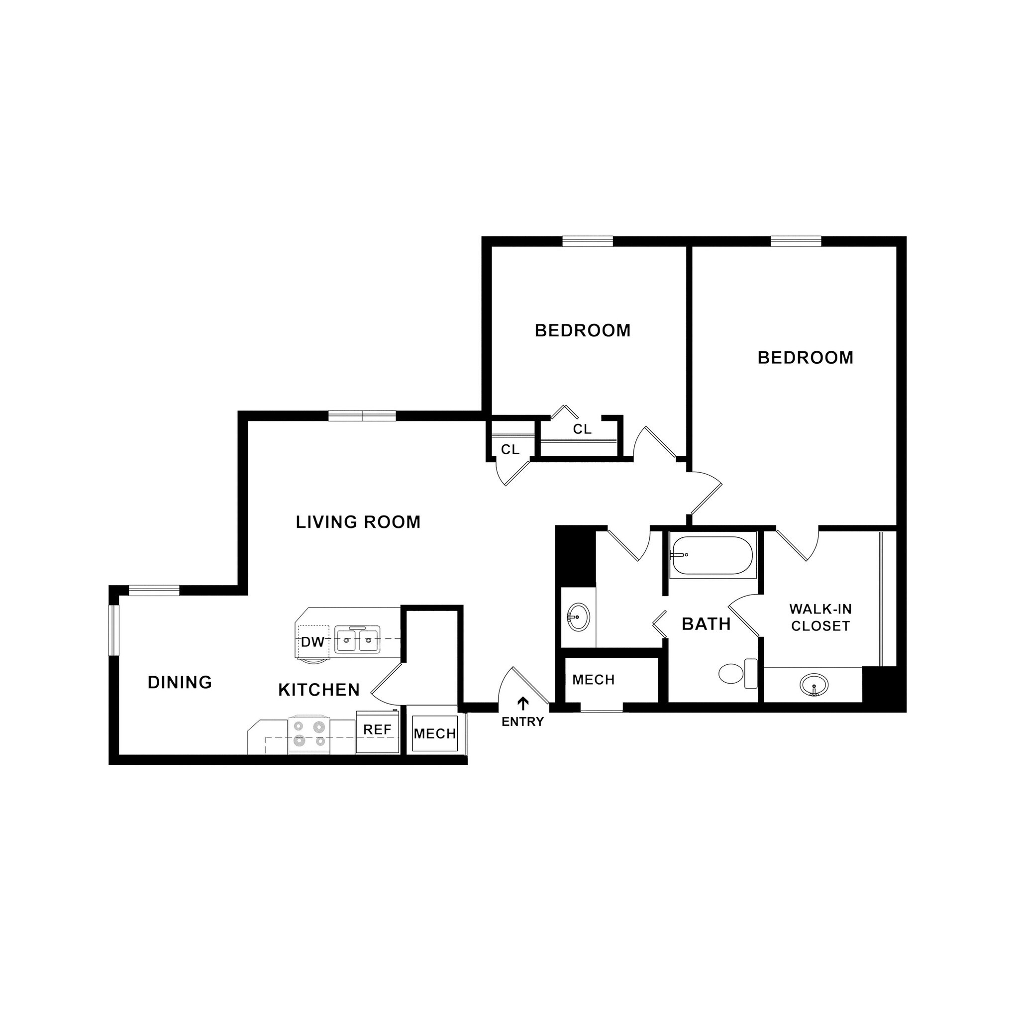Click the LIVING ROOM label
[358, 522]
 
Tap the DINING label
[180, 683]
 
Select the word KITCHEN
[319, 690]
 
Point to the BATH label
[706, 624]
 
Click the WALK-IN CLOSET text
[820, 617]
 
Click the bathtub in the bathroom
[713, 555]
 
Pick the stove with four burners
[309, 734]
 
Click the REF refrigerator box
[377, 730]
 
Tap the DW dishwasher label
[312, 642]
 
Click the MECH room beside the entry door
[594, 680]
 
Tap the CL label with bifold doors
[582, 429]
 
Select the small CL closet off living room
[509, 449]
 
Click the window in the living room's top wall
[362, 416]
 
